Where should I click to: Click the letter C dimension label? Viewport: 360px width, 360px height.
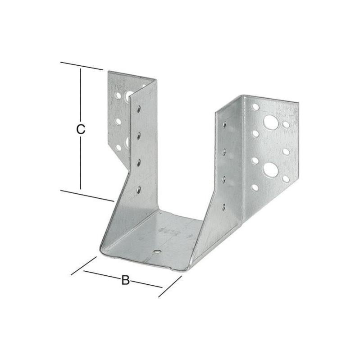pyautogui.click(x=80, y=130)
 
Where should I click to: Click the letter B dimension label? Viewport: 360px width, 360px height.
pyautogui.click(x=125, y=280)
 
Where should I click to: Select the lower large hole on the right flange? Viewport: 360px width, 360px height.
pyautogui.click(x=270, y=169)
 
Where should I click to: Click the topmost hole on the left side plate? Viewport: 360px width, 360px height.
pyautogui.click(x=139, y=108)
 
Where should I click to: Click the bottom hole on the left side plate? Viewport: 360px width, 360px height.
pyautogui.click(x=138, y=190)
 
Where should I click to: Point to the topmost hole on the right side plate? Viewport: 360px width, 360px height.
pyautogui.click(x=224, y=125)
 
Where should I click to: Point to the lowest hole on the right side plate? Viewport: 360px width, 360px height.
pyautogui.click(x=223, y=207)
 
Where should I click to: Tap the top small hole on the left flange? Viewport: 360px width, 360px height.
pyautogui.click(x=118, y=96)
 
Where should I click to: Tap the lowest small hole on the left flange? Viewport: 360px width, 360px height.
pyautogui.click(x=118, y=147)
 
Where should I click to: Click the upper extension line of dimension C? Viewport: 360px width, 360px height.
pyautogui.click(x=82, y=66)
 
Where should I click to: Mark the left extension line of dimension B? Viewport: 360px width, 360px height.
pyautogui.click(x=84, y=266)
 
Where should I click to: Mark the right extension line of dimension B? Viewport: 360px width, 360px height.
pyautogui.click(x=170, y=287)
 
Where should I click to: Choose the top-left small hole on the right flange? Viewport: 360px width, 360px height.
pyautogui.click(x=255, y=107)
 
